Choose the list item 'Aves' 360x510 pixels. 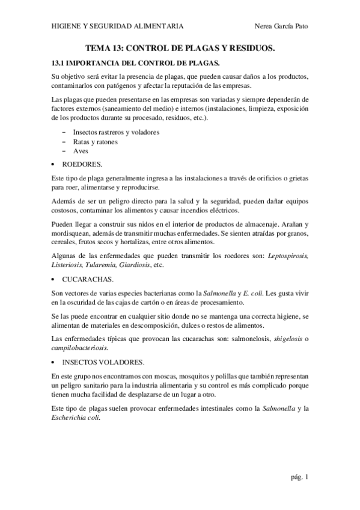[x=81, y=152]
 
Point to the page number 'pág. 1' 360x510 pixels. [x=297, y=478]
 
